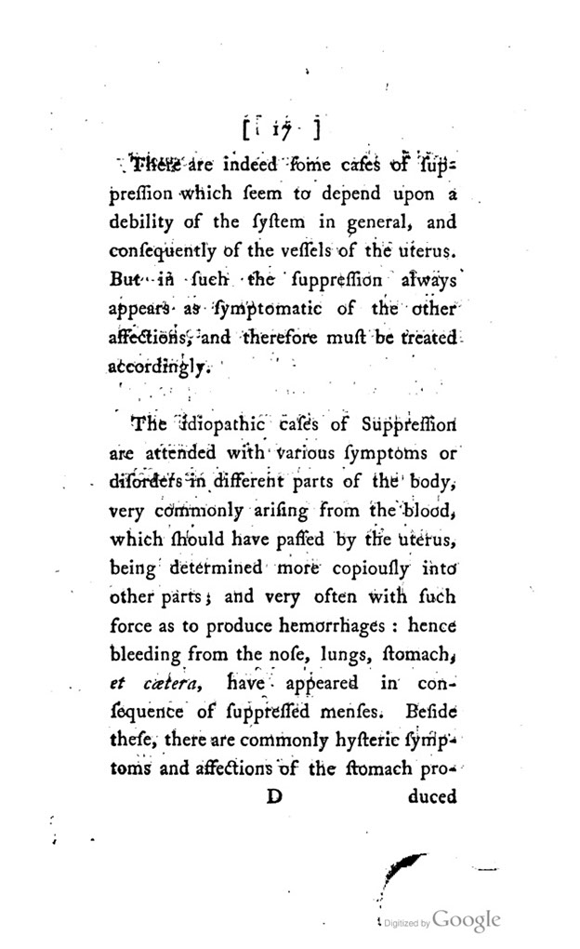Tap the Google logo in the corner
click(467, 919)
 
